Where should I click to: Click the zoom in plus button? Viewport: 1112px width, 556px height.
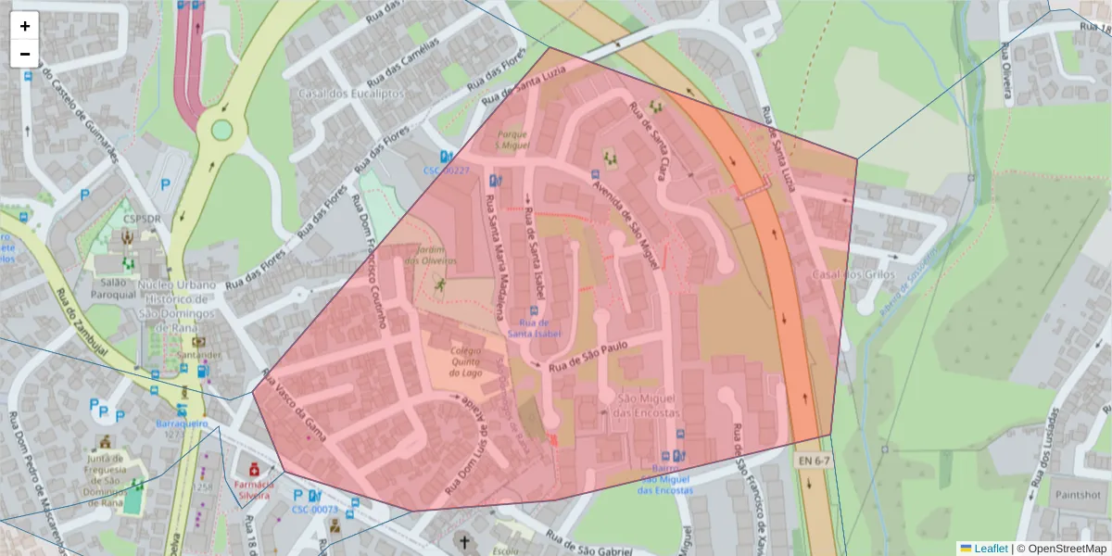click(x=25, y=26)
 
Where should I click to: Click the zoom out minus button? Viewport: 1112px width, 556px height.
click(x=25, y=54)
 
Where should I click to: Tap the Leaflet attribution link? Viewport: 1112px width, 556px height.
click(x=990, y=549)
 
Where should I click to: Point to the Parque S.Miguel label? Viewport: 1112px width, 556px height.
click(x=511, y=140)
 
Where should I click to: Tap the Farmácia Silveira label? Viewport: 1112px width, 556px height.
click(x=256, y=490)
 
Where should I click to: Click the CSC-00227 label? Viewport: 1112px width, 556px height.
click(x=447, y=171)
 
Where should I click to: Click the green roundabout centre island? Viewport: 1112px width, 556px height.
click(x=221, y=129)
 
